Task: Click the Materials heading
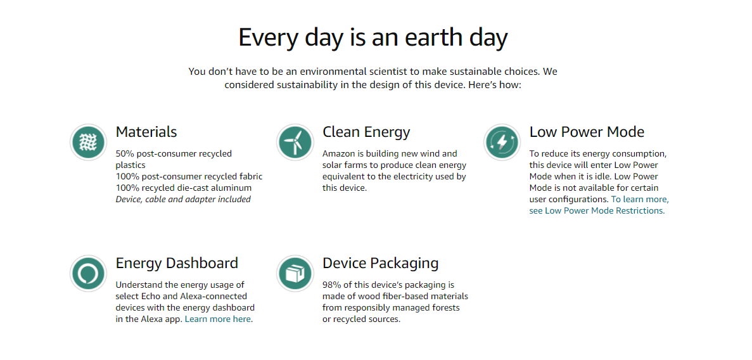click(x=146, y=132)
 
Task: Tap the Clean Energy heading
click(x=366, y=132)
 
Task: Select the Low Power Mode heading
click(x=587, y=132)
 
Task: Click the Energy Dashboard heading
click(x=177, y=263)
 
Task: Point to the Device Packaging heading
click(x=381, y=263)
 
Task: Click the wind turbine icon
click(x=295, y=142)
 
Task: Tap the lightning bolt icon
click(x=501, y=142)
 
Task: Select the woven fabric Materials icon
click(x=88, y=142)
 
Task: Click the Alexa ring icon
click(x=88, y=274)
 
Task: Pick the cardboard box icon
click(x=295, y=274)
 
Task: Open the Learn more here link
click(x=218, y=319)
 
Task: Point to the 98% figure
click(x=331, y=285)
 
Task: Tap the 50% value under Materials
click(x=125, y=153)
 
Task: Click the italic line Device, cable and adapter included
click(x=183, y=199)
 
